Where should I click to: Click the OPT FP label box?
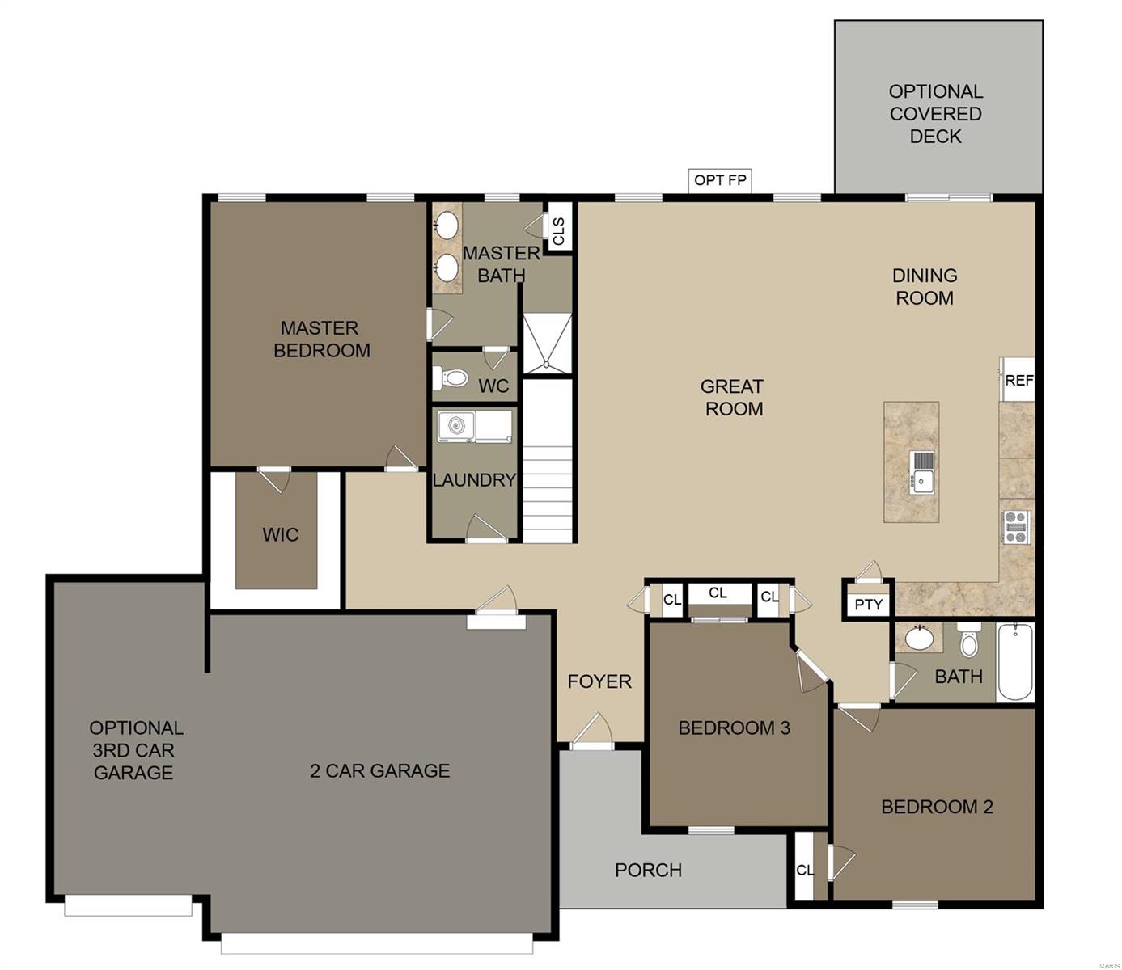coord(720,180)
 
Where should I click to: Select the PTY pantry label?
coord(869,605)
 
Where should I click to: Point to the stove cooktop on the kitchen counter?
coord(1017,527)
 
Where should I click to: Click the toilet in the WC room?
coord(451,377)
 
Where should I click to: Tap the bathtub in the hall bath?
coord(1014,662)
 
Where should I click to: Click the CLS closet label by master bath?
coord(558,231)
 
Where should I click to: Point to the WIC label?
coord(280,535)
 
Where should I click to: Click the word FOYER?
coord(599,681)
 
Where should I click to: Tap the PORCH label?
coord(648,871)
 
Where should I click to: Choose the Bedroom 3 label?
coord(734,727)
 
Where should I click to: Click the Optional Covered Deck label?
coord(935,114)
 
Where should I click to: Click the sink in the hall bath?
coord(919,638)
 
